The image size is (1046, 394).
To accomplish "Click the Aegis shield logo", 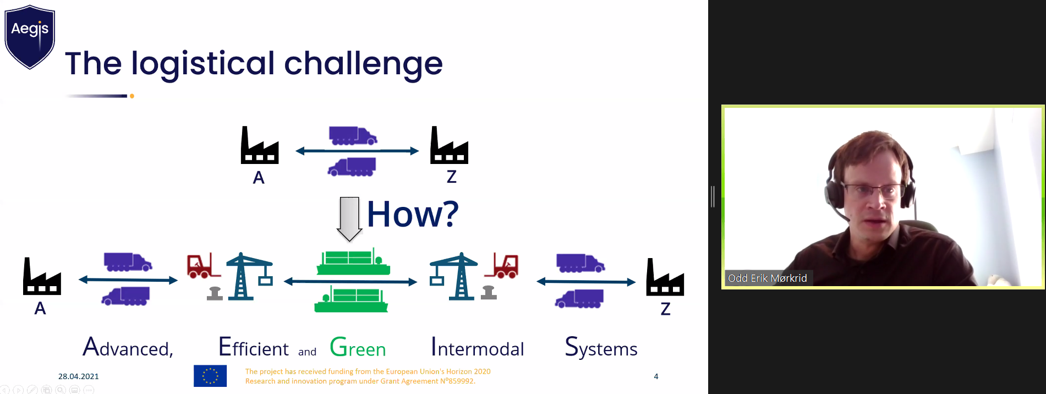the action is [30, 37].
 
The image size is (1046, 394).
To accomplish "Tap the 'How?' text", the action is [413, 214].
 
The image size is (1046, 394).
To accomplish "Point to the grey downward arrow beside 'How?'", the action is [349, 219].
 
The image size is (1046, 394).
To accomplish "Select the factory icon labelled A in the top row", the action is [260, 145].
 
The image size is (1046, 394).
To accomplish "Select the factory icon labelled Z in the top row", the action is [449, 145].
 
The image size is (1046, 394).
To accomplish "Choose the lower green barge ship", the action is [352, 299].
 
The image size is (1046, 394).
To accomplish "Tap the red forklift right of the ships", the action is [502, 266].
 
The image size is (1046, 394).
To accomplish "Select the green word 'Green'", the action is [358, 348].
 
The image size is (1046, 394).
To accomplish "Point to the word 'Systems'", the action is [601, 348].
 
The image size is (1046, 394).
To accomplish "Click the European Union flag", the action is [210, 376].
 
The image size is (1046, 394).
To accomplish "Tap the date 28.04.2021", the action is [79, 376].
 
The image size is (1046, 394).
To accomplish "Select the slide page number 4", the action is [656, 376].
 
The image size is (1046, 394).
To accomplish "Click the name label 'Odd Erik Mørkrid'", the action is [768, 278].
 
